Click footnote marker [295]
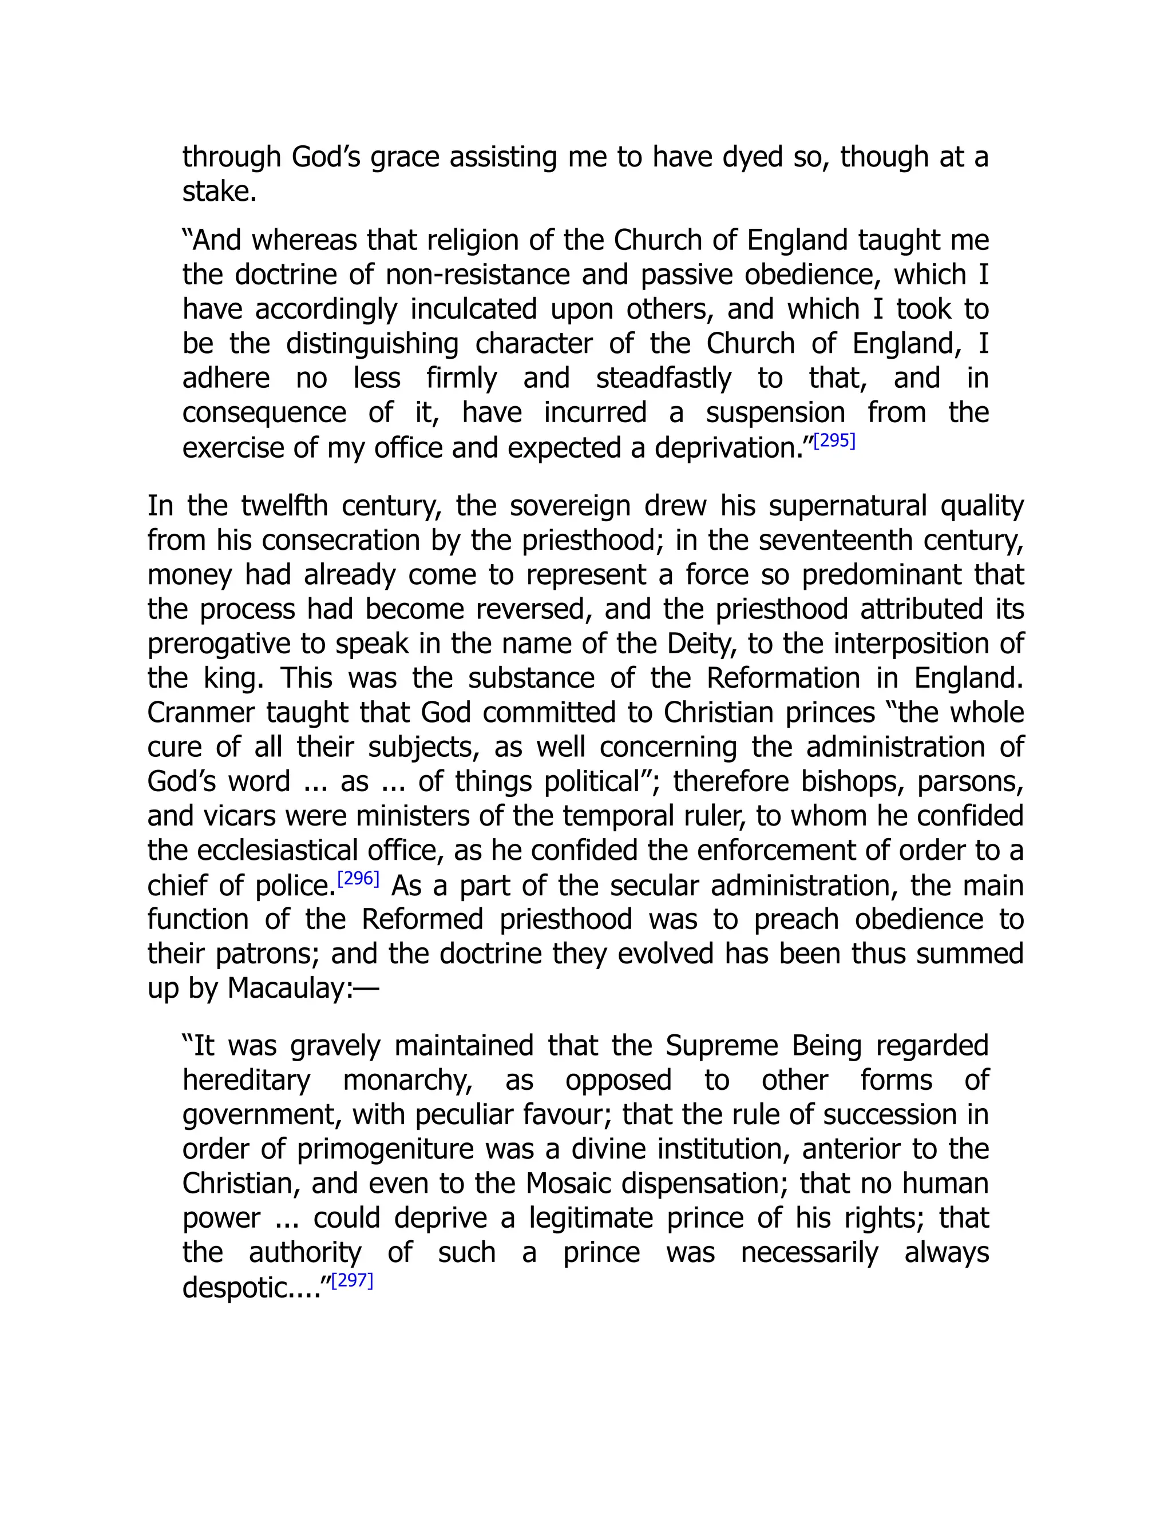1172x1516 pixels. click(834, 442)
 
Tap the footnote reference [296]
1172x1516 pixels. click(358, 879)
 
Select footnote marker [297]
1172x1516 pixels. click(352, 1281)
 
